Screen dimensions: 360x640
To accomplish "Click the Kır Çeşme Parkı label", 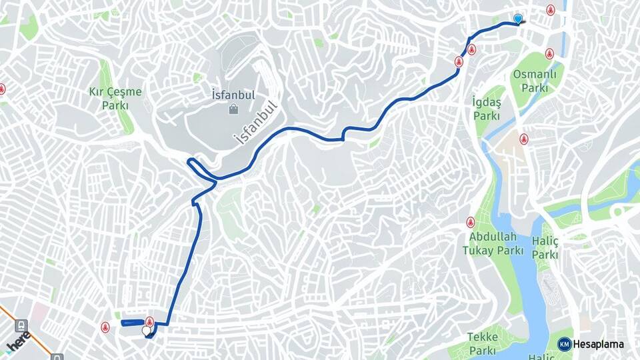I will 115,98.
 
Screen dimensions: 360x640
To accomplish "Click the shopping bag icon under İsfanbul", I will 233,109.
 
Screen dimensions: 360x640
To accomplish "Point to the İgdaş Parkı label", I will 487,108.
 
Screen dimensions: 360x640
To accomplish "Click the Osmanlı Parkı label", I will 535,81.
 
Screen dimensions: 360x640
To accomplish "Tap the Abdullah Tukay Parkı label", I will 493,243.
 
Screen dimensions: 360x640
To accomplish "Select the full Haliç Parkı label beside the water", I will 545,247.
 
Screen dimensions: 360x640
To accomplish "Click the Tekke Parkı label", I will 482,343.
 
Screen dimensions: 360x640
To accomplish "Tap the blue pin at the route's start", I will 518,19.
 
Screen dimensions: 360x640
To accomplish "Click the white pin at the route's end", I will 146,330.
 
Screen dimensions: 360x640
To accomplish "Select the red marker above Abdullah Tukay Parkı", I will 471,222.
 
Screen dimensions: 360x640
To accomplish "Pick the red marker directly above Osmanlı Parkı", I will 549,53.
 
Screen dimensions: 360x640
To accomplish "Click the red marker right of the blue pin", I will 551,10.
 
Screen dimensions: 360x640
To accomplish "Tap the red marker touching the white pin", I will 149,322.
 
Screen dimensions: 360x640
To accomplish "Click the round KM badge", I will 565,344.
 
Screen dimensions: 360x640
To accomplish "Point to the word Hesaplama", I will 599,344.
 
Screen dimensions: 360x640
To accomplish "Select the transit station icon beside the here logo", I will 21,326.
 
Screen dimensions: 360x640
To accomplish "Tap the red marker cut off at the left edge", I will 2,89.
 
